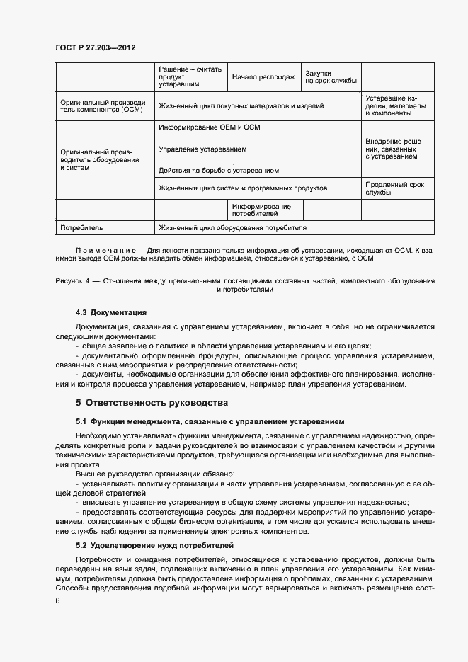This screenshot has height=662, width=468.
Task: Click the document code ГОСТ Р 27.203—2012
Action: [x=95, y=47]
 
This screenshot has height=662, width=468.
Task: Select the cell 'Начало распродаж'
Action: [x=263, y=77]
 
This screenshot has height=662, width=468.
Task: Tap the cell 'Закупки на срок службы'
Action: [x=331, y=77]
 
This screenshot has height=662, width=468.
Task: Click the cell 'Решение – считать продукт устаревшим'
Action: [x=190, y=77]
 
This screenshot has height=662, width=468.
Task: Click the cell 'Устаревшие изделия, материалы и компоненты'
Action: [x=396, y=105]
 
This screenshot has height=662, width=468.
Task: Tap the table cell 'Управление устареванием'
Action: [x=202, y=149]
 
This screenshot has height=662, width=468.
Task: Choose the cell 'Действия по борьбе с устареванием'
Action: [x=219, y=171]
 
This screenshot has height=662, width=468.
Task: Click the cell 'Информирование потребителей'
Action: [x=263, y=210]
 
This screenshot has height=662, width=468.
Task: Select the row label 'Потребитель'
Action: [x=82, y=228]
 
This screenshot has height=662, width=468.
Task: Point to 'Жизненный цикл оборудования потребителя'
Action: [x=233, y=228]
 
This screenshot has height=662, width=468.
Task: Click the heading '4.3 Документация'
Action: [x=111, y=312]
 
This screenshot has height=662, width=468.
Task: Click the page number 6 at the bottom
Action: [x=57, y=600]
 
